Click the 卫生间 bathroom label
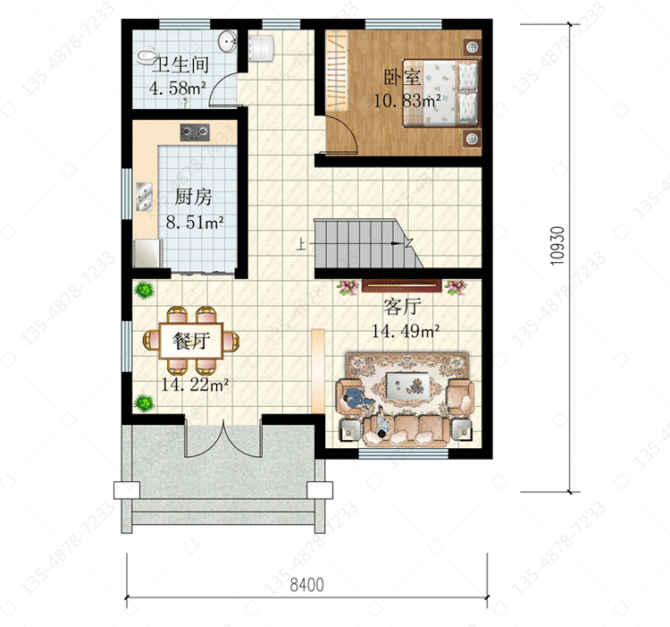pos(180,65)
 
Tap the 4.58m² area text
pos(178,89)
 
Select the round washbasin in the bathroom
pos(227,41)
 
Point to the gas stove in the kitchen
pos(195,132)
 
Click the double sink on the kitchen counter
pos(145,196)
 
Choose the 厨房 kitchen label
pos(193,197)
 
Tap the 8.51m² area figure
pos(195,223)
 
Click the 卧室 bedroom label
pos(402,78)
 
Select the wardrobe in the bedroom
pos(337,72)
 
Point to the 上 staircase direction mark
pos(301,245)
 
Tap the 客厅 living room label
pos(403,306)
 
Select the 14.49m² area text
pos(406,332)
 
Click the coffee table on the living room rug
pos(407,385)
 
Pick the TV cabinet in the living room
pos(400,285)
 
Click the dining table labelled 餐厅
pos(191,341)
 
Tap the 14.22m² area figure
pos(195,385)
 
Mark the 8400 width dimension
pos(306,585)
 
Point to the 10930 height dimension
pos(557,245)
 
